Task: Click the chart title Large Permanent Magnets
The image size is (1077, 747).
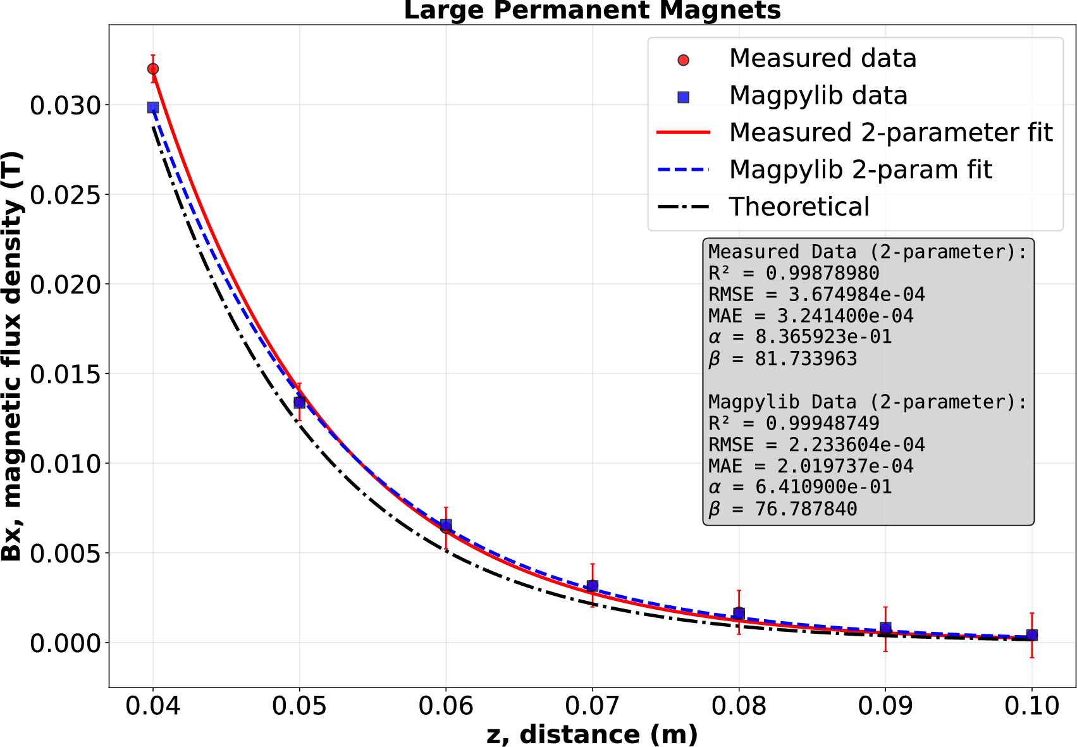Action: pyautogui.click(x=592, y=11)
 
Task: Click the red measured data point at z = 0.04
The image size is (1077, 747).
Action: pyautogui.click(x=153, y=69)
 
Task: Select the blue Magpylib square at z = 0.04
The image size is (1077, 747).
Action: pyautogui.click(x=153, y=108)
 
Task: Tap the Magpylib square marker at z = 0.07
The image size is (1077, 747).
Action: pyautogui.click(x=593, y=586)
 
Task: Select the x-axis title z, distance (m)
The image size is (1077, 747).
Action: pyautogui.click(x=592, y=734)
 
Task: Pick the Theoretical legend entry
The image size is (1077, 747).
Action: pyautogui.click(x=799, y=207)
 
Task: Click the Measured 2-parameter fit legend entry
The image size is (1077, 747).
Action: pyautogui.click(x=890, y=132)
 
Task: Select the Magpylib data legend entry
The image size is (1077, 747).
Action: pyautogui.click(x=818, y=96)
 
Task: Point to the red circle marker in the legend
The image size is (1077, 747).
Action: pyautogui.click(x=683, y=60)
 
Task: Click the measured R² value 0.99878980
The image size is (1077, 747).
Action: pyautogui.click(x=822, y=273)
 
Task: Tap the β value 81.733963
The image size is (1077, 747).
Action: pyautogui.click(x=806, y=359)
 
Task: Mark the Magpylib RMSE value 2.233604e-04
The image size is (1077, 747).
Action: pyautogui.click(x=856, y=445)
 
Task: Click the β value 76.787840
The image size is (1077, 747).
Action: pyautogui.click(x=806, y=509)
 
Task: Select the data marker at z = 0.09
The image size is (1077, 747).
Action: pyautogui.click(x=885, y=628)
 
